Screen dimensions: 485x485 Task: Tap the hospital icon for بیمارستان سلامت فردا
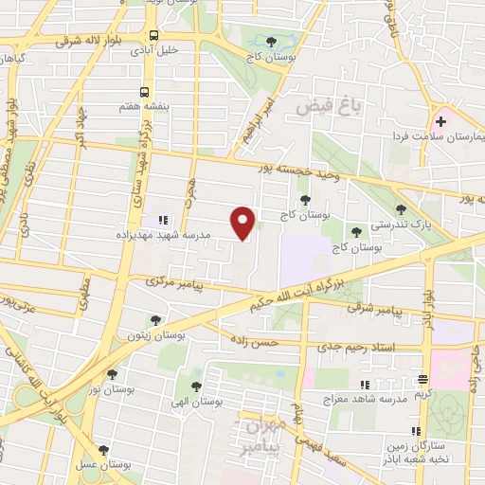tap(440, 121)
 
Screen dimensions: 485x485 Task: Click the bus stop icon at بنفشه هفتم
tap(143, 92)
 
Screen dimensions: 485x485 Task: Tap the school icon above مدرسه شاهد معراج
tap(365, 384)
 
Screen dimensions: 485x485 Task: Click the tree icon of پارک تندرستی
tap(401, 209)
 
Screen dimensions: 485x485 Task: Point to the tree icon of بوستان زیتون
tap(154, 320)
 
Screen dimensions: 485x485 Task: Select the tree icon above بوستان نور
tap(113, 375)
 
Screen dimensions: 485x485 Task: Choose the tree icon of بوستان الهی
tap(196, 386)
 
